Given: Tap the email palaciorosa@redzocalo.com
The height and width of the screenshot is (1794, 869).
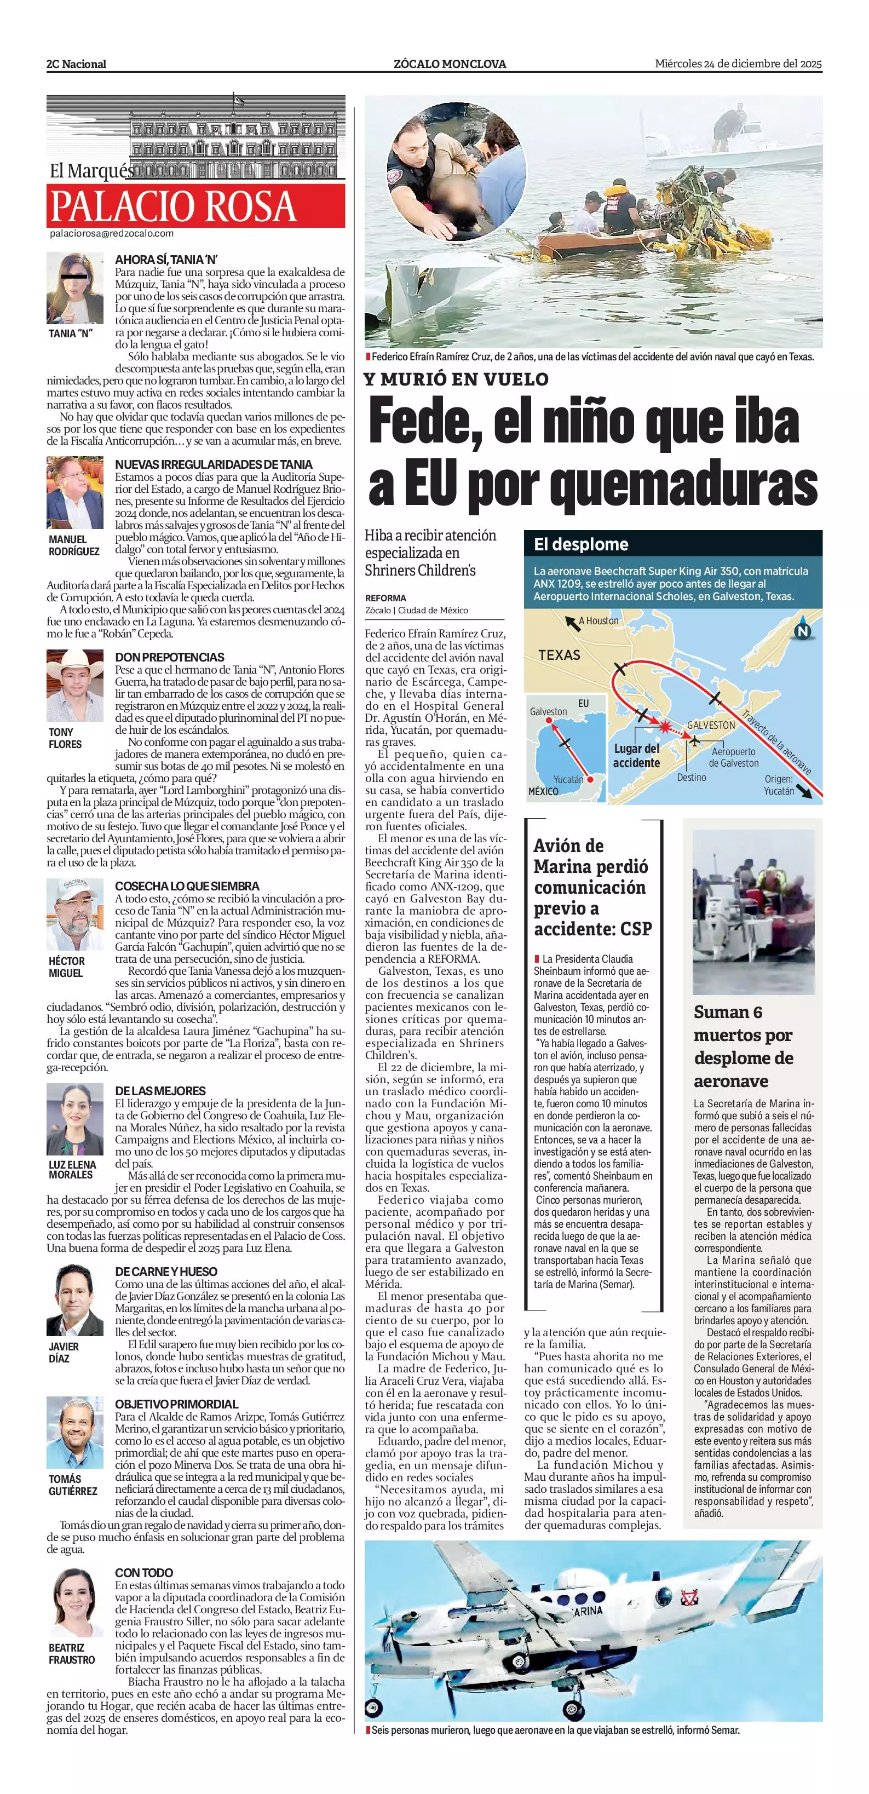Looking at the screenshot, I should point(111,234).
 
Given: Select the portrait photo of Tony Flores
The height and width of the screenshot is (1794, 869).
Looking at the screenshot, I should point(74,686).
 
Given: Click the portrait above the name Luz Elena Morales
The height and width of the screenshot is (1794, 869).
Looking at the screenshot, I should point(74,1120).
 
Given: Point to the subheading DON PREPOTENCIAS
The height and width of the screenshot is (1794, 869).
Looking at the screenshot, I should point(169,657).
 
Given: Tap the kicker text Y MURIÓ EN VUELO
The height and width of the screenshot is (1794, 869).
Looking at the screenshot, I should point(456,380).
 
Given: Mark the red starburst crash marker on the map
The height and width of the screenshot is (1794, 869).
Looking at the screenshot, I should point(666,728).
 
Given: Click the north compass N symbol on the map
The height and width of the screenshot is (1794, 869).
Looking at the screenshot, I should point(803,631).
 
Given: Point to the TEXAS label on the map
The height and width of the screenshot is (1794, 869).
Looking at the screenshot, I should point(559,654).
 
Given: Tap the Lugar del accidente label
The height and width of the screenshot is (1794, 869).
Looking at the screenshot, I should point(636,756).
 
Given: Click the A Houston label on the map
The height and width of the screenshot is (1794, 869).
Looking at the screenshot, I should point(598,620).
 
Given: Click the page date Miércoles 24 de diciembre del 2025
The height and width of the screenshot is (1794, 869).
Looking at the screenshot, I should point(738,64).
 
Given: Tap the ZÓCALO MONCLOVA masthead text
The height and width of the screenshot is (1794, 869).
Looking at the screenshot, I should point(450,64).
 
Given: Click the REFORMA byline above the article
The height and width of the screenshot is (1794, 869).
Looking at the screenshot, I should point(385,597).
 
